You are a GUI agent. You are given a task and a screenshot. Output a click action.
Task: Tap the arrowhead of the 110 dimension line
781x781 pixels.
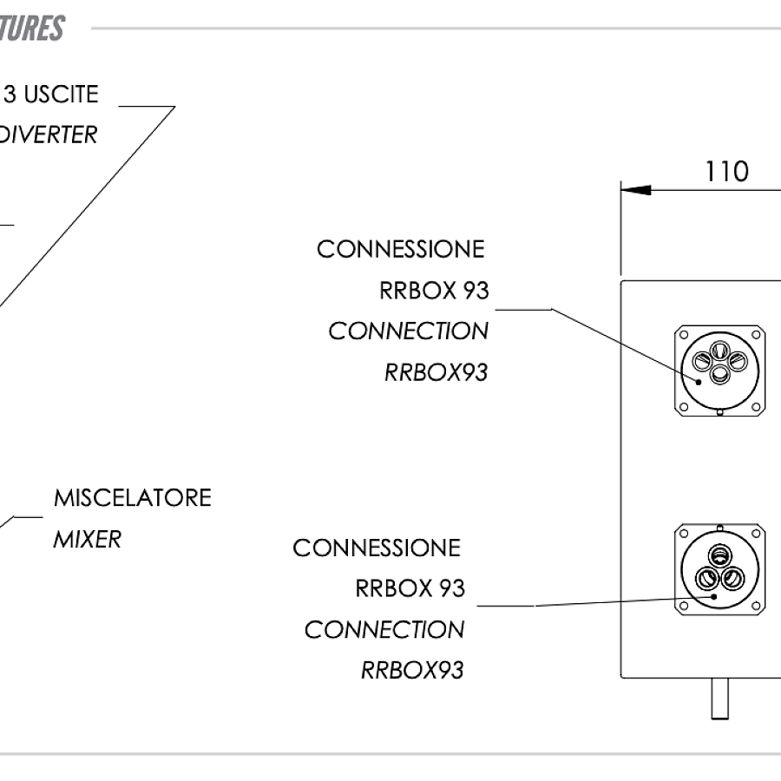(x=635, y=189)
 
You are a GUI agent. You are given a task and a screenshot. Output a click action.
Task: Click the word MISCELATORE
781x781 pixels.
(x=132, y=498)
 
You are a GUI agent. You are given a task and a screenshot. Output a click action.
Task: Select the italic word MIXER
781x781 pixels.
(x=87, y=539)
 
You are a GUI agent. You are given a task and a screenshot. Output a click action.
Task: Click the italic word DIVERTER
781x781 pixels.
(x=49, y=135)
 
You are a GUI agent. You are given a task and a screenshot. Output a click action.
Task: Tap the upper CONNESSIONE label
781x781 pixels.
(x=400, y=249)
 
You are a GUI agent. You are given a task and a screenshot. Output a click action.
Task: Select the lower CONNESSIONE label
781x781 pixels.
(x=376, y=548)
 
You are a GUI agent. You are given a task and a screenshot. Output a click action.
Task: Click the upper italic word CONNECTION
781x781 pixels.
(x=408, y=331)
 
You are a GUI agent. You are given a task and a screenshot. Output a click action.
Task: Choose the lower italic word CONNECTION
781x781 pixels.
(x=384, y=629)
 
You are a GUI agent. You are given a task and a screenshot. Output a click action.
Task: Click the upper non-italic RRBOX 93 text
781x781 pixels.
(x=434, y=291)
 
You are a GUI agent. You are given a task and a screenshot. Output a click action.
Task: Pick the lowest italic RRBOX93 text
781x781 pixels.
(x=411, y=670)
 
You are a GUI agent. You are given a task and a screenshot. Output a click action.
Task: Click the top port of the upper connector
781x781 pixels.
(x=720, y=350)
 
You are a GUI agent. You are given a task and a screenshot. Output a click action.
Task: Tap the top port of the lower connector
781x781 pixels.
(x=720, y=555)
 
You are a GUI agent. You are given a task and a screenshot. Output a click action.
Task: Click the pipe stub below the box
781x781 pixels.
(x=719, y=698)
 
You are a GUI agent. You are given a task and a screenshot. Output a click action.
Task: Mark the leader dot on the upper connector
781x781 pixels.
(x=699, y=380)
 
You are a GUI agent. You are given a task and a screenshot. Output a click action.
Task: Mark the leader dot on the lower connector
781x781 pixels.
(x=713, y=596)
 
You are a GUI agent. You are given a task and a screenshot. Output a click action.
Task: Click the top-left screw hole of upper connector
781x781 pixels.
(x=683, y=334)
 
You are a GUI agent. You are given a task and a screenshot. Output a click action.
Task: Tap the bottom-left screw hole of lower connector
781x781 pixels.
(x=683, y=605)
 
